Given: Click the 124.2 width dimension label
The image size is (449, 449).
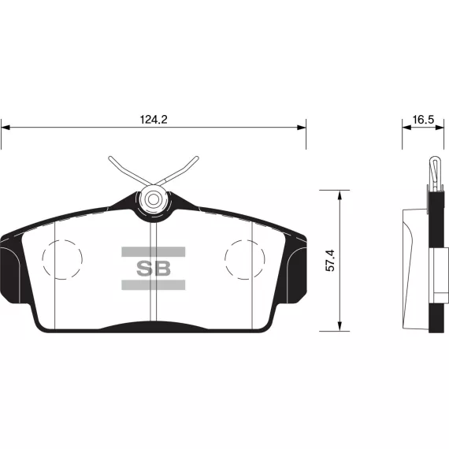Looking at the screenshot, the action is (154, 120).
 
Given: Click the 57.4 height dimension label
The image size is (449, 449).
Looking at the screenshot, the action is (330, 261).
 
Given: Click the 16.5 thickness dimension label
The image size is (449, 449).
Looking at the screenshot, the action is (423, 120).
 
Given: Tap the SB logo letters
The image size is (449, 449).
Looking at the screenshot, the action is (154, 269).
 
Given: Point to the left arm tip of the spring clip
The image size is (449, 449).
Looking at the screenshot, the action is (110, 158).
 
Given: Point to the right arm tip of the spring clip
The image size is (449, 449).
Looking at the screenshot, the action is (197, 158).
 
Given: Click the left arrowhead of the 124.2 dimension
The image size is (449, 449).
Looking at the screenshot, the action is (6, 128).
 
